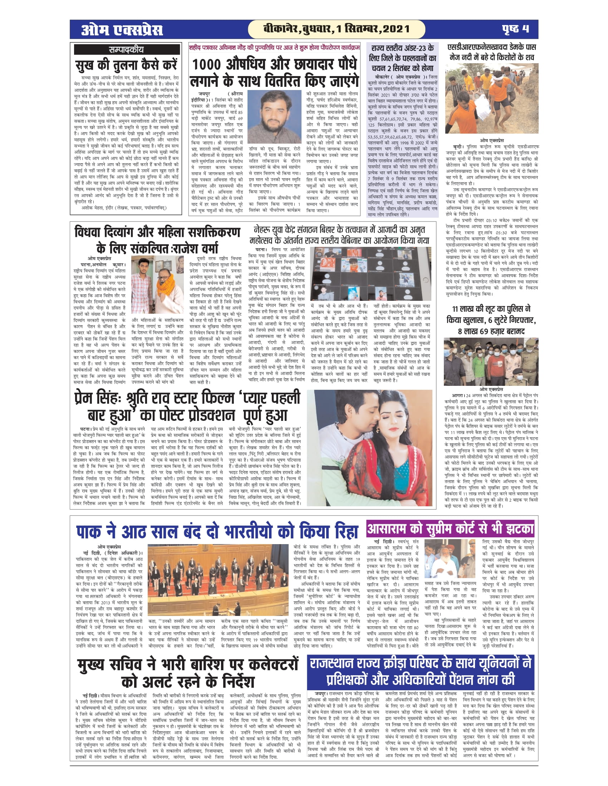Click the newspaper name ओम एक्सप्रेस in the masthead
pyautogui.click(x=122, y=30)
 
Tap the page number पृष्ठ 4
pyautogui.click(x=515, y=29)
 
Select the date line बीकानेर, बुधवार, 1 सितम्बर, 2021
pyautogui.click(x=337, y=29)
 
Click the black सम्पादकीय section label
pyautogui.click(x=126, y=50)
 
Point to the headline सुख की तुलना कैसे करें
pyautogui.click(x=126, y=66)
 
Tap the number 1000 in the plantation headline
pyautogui.click(x=206, y=65)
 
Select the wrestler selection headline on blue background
pyautogui.click(x=403, y=58)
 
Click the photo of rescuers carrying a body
pyautogui.click(x=492, y=99)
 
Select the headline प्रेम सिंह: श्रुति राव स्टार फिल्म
pyautogui.click(x=187, y=407)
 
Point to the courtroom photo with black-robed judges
pyautogui.click(x=218, y=579)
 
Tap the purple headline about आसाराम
pyautogui.click(x=450, y=529)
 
